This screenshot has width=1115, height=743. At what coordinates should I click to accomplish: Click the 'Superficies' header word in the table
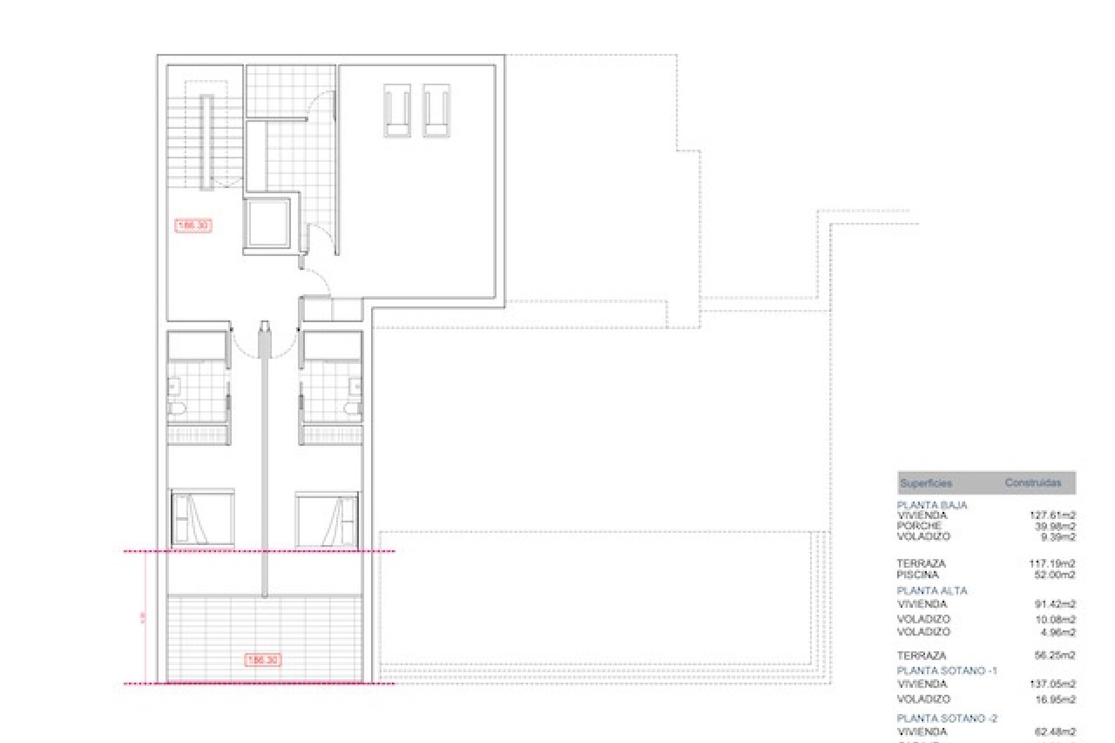(926, 483)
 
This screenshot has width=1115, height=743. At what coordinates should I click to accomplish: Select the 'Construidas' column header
(1033, 482)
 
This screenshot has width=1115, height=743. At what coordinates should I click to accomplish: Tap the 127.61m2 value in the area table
(1052, 515)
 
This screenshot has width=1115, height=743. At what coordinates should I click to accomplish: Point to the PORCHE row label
(919, 526)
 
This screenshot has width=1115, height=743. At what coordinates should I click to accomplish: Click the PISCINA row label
(918, 575)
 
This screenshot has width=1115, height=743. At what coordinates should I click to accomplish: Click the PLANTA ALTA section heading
(931, 591)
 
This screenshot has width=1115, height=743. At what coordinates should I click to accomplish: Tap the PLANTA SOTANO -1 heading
(947, 670)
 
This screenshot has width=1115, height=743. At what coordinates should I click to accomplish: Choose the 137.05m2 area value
(1052, 684)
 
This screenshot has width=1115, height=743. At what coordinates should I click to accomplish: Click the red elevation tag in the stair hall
(193, 225)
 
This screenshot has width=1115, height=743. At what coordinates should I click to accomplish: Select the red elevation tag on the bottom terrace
(263, 660)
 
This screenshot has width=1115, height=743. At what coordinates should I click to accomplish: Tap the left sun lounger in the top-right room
(397, 110)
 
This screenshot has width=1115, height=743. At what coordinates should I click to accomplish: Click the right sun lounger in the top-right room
(437, 110)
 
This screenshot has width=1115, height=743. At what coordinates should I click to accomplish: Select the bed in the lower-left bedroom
(203, 518)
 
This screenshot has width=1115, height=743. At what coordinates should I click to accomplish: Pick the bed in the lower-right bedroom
(326, 520)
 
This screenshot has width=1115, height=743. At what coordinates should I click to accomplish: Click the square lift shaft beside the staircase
(267, 222)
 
